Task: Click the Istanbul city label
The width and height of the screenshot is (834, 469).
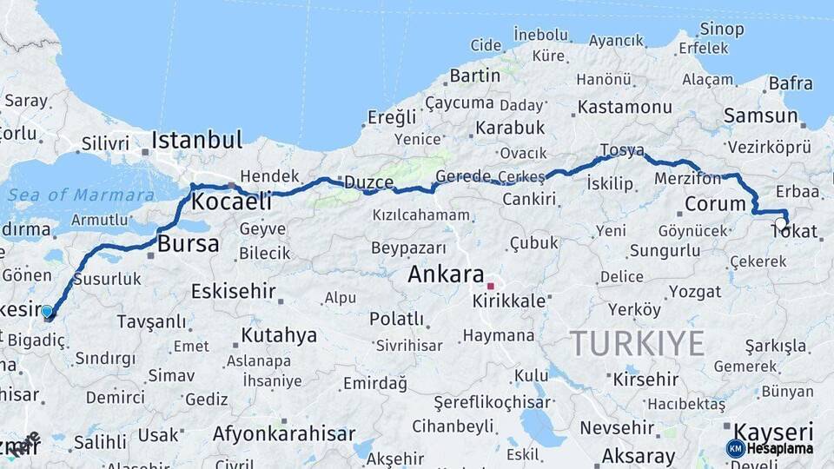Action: click(x=196, y=141)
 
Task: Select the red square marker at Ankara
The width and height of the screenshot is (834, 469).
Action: click(x=490, y=286)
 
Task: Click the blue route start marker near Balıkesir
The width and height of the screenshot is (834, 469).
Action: click(x=47, y=311)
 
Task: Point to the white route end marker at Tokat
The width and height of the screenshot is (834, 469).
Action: click(x=781, y=222)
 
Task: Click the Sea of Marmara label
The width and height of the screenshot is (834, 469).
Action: click(x=81, y=195)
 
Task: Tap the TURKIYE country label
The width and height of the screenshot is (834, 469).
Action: click(x=637, y=344)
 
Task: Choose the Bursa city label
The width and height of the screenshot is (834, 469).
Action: click(x=188, y=244)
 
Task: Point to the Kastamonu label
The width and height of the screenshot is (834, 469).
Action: click(x=625, y=107)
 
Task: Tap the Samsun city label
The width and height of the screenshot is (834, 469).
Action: click(x=761, y=116)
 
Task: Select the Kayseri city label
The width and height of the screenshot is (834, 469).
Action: click(x=773, y=431)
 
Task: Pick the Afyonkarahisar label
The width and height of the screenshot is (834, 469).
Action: click(x=285, y=434)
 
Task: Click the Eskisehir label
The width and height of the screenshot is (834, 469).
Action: click(x=233, y=291)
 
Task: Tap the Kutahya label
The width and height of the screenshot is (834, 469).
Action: click(x=279, y=335)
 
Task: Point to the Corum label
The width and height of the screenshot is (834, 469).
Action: click(x=716, y=204)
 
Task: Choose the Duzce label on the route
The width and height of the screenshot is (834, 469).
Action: click(x=369, y=182)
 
